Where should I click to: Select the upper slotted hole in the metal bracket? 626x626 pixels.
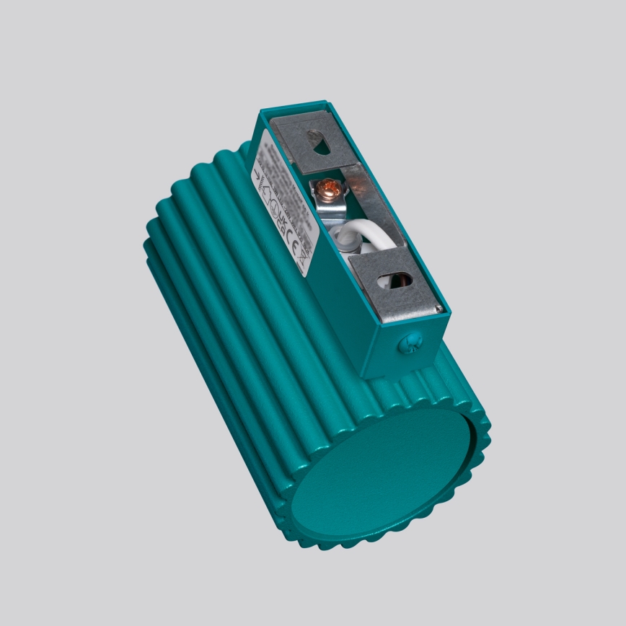pyautogui.click(x=318, y=142)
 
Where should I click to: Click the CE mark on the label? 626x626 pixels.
pyautogui.click(x=292, y=241)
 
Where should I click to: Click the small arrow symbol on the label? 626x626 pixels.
pyautogui.click(x=258, y=175)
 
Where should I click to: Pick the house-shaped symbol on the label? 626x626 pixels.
pyautogui.click(x=266, y=195)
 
